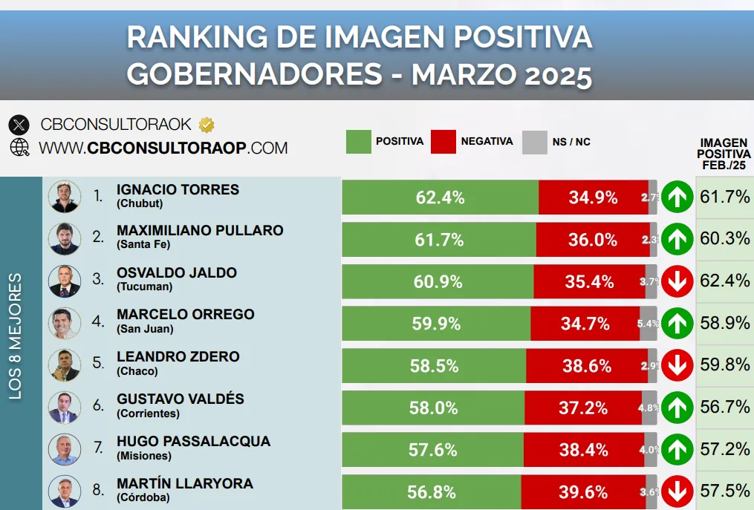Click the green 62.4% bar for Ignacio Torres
[440, 197]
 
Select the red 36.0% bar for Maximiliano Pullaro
[592, 240]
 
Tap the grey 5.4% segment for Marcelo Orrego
[648, 324]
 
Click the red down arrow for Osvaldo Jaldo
[677, 282]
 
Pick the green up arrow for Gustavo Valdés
[677, 407]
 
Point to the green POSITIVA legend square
[358, 141]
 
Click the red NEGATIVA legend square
[443, 141]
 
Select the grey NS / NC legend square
[535, 141]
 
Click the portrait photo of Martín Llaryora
[64, 491]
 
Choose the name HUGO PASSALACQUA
[193, 442]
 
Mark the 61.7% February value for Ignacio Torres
[724, 197]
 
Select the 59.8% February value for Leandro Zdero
[724, 365]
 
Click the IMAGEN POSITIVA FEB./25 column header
[724, 154]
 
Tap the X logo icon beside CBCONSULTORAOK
[19, 125]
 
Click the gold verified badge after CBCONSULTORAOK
[206, 124]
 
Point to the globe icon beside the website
[19, 147]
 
